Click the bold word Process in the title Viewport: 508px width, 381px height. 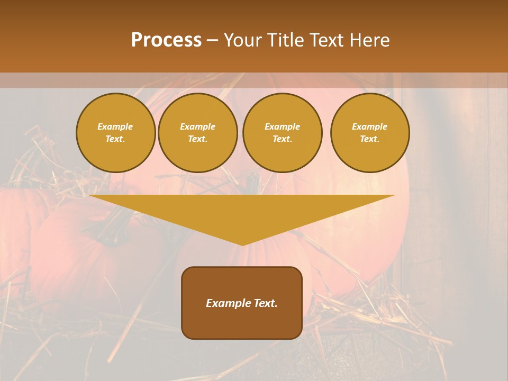(166, 40)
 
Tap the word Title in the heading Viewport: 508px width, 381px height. (283, 40)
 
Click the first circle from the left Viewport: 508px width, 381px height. (116, 133)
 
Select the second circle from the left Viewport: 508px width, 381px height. (198, 133)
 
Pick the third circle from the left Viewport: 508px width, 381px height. (282, 133)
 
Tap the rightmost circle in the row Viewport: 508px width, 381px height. (370, 133)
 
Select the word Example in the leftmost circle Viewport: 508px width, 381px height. (115, 126)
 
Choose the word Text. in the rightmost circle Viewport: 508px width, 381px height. (370, 139)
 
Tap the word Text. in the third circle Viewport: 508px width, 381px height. (282, 139)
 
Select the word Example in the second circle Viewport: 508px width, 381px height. (198, 126)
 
